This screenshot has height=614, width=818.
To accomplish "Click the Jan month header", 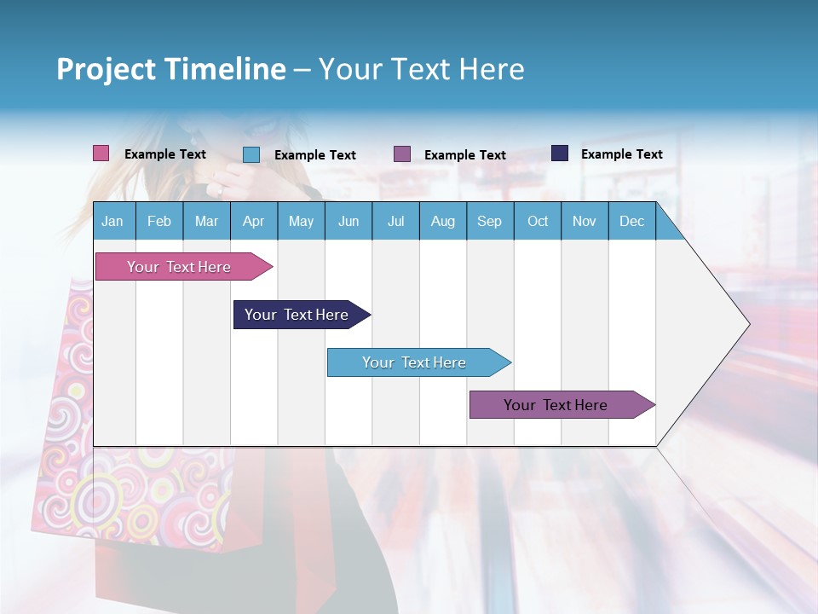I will [x=112, y=221].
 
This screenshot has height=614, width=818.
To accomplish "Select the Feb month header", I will [x=159, y=221].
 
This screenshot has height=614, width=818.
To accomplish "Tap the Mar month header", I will [x=206, y=221].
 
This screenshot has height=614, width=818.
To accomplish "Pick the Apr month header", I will [x=254, y=221].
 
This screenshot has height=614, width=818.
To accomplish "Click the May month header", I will [x=301, y=221].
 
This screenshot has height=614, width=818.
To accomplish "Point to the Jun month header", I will [x=349, y=221].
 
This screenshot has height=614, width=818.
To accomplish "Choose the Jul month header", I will [x=395, y=221].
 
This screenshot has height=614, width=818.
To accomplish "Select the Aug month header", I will [x=443, y=221].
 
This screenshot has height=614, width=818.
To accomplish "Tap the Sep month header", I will [x=490, y=221].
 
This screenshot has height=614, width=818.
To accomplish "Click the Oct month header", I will [x=538, y=221].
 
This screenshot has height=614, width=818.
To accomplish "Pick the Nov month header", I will [x=585, y=221].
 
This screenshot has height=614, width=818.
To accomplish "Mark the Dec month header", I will [x=632, y=221].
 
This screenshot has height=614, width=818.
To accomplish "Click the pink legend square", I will [x=101, y=153].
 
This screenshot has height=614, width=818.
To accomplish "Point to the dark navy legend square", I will [x=560, y=153].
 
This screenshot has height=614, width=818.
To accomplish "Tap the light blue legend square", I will [x=251, y=154].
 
